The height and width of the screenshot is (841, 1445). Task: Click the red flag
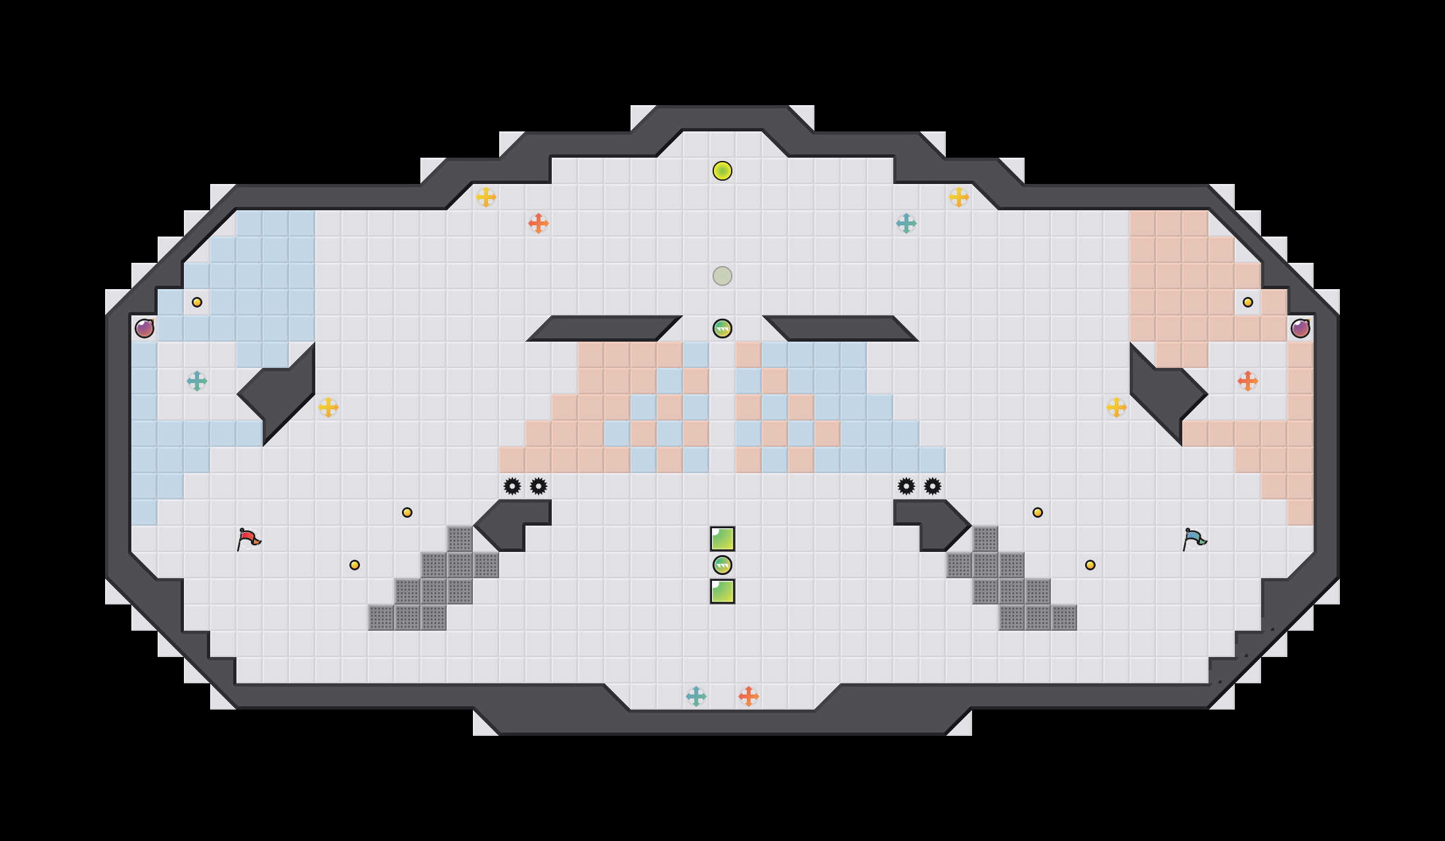(249, 539)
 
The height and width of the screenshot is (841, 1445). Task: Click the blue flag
(1194, 539)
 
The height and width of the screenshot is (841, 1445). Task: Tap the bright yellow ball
(722, 171)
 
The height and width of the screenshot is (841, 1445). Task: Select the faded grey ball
(722, 276)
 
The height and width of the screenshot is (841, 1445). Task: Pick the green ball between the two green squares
(722, 565)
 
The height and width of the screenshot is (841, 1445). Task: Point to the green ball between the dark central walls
(722, 329)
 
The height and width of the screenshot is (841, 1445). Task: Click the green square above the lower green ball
(722, 539)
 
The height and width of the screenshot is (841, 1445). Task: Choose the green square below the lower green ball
(722, 591)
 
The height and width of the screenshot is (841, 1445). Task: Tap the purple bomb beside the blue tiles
(144, 329)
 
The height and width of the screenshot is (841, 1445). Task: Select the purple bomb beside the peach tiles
(1300, 329)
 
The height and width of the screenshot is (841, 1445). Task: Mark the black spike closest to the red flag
(512, 486)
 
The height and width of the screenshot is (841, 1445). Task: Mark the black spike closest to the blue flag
(933, 486)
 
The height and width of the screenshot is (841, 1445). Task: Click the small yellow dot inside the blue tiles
(197, 302)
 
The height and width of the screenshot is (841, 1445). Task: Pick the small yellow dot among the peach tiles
(1248, 302)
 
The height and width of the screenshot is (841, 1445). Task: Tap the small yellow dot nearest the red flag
(355, 565)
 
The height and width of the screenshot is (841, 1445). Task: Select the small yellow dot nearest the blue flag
(1090, 565)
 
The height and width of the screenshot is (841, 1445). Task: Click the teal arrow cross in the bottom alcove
(696, 696)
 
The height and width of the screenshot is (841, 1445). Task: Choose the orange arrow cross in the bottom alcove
(749, 696)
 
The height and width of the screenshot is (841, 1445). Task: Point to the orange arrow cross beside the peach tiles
(1248, 381)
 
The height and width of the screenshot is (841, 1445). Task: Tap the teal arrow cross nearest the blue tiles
(197, 381)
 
